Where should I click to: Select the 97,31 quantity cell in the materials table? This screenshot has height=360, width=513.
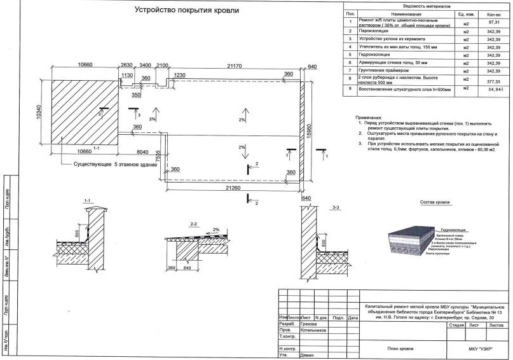(493, 22)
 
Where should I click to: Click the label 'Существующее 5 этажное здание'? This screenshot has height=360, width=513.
(116, 164)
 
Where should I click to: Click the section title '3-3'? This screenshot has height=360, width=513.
(336, 207)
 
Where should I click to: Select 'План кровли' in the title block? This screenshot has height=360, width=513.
(400, 348)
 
